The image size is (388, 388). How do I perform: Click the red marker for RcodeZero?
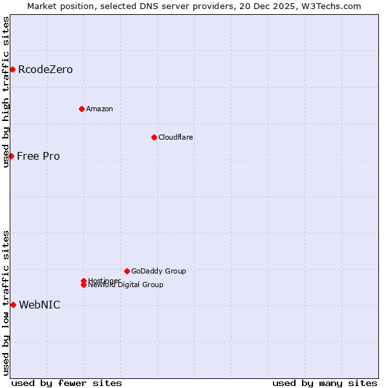(x=12, y=69)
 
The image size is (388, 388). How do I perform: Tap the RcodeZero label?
(x=45, y=70)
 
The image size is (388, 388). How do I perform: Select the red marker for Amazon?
(x=81, y=109)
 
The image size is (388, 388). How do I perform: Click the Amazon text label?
(x=100, y=109)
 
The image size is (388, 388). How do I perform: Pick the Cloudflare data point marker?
(x=154, y=137)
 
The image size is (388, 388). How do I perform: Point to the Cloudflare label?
(x=176, y=137)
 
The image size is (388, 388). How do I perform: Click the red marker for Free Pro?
(x=11, y=156)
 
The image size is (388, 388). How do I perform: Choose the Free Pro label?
(x=38, y=156)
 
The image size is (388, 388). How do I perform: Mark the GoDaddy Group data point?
(x=127, y=271)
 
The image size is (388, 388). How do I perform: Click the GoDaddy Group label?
(x=158, y=271)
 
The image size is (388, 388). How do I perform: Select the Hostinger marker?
(x=83, y=281)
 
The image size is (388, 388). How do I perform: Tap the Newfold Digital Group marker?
(x=84, y=285)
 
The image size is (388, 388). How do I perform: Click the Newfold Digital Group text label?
(x=126, y=285)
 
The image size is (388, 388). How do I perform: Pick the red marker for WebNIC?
(x=13, y=305)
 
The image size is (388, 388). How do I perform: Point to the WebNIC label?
(x=39, y=305)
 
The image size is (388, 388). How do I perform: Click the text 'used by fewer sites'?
(x=67, y=383)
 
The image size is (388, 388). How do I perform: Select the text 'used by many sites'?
(x=325, y=383)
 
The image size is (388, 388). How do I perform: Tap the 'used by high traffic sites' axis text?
(x=6, y=92)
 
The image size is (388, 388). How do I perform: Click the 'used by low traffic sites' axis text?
(x=6, y=302)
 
